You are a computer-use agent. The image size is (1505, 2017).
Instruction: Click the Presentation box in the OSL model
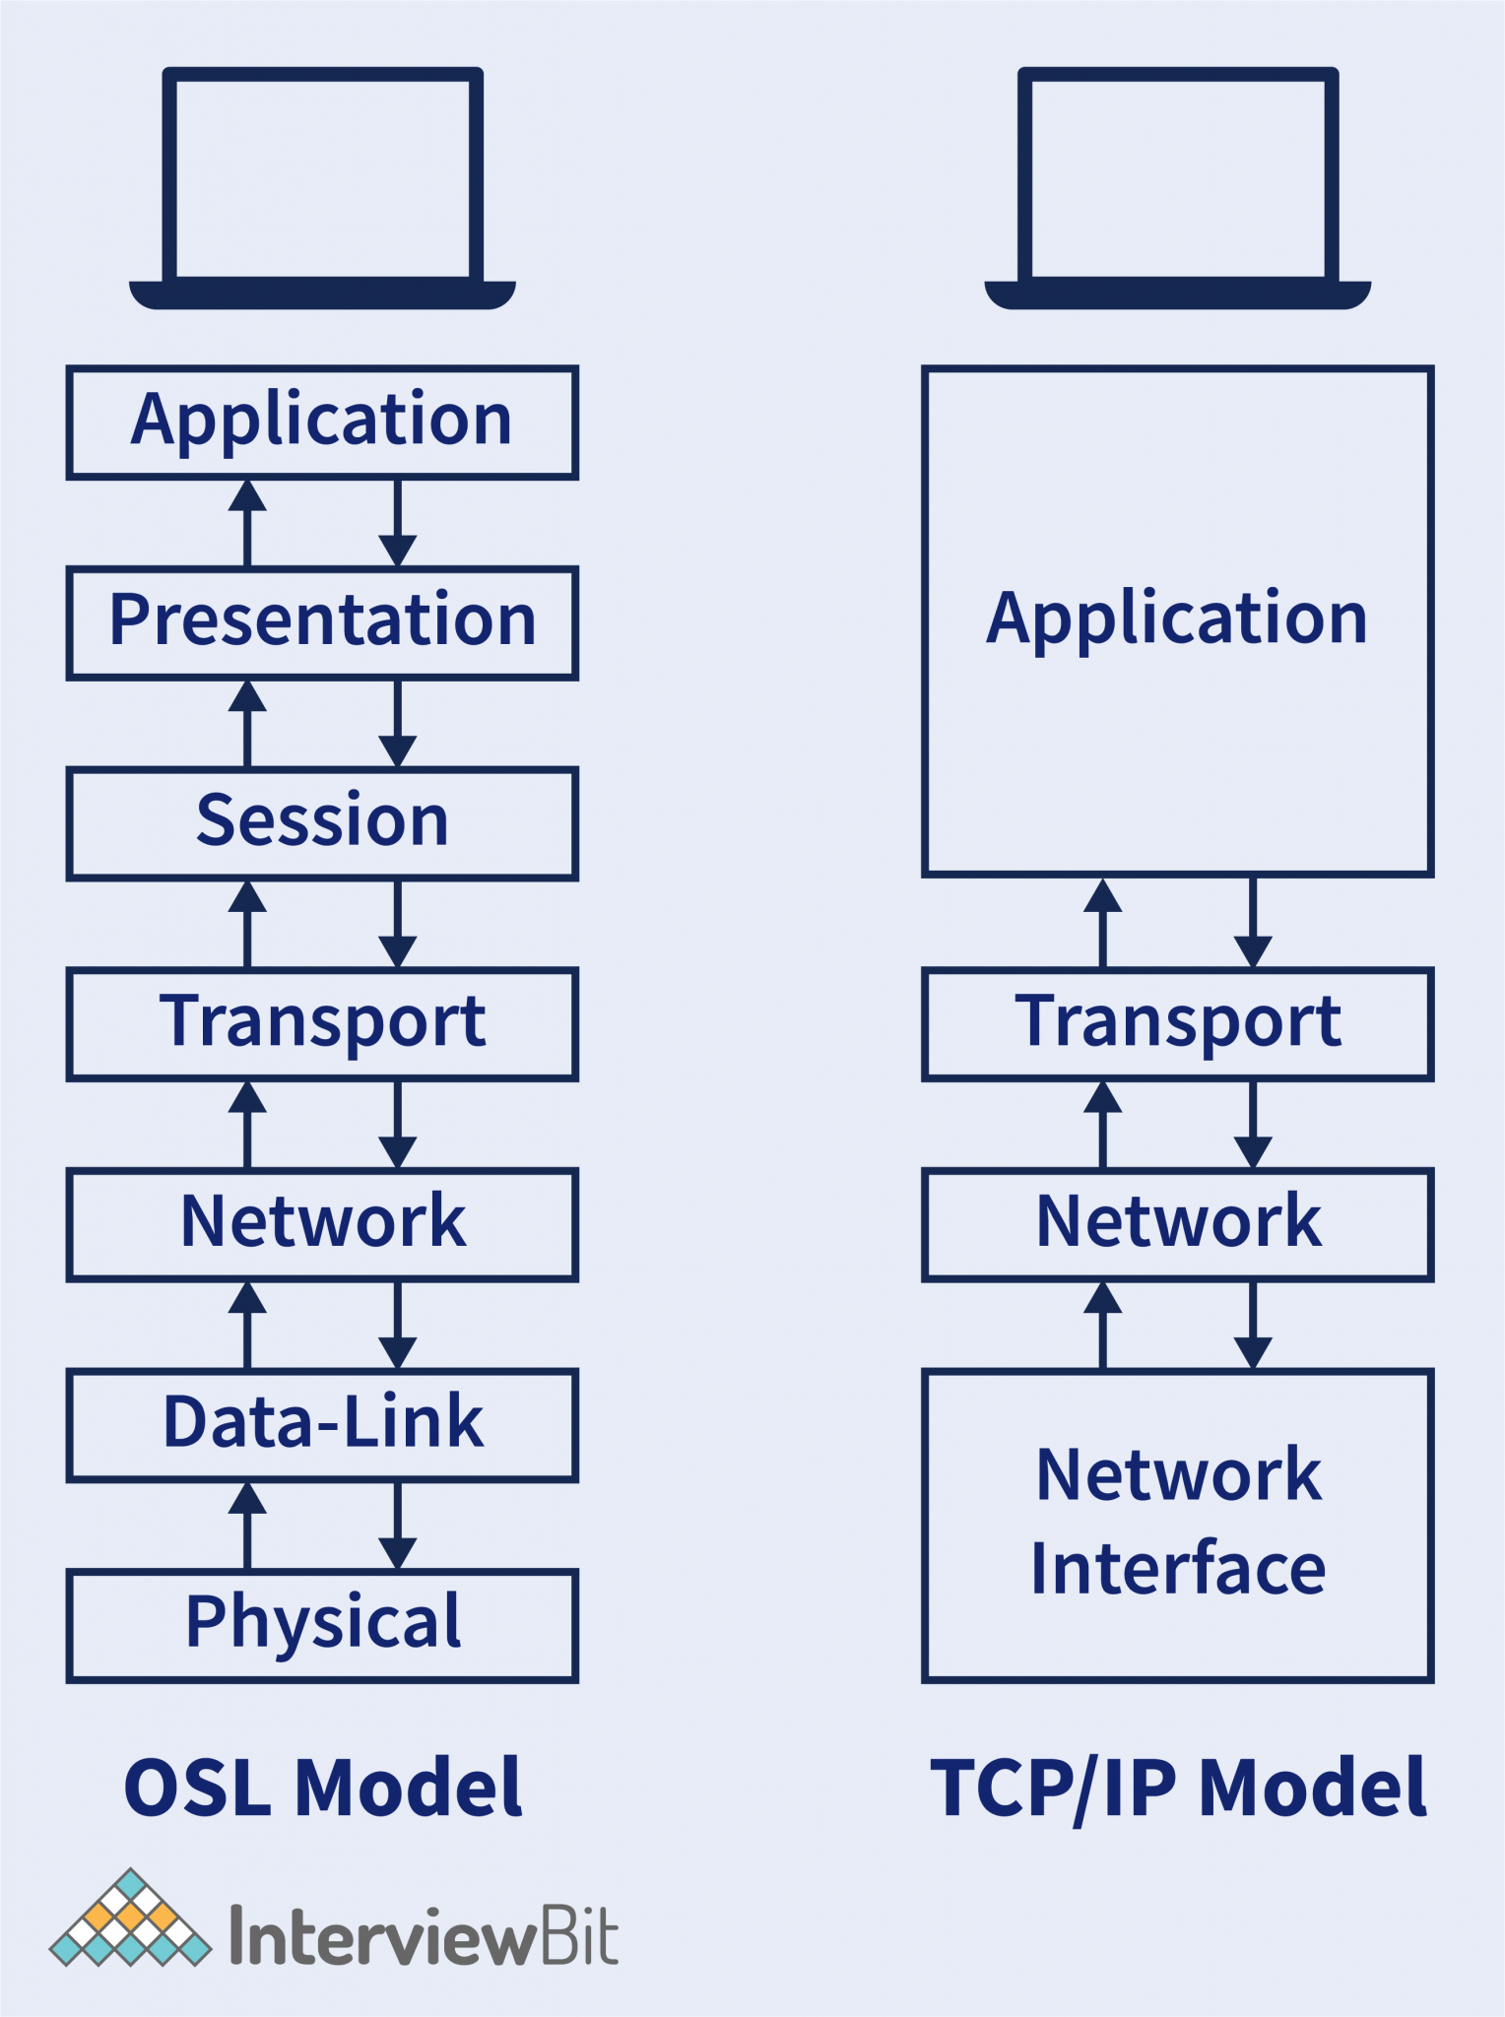pyautogui.click(x=322, y=622)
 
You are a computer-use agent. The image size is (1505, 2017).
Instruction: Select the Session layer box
pyautogui.click(x=322, y=823)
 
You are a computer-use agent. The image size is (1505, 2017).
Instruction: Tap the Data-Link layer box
pyautogui.click(x=322, y=1424)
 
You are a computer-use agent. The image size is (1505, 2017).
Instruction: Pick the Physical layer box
pyautogui.click(x=322, y=1625)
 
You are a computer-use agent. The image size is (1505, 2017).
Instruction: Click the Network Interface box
pyautogui.click(x=1177, y=1525)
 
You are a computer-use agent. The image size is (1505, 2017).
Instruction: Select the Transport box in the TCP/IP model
pyautogui.click(x=1177, y=1024)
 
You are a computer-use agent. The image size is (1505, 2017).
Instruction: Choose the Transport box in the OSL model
pyautogui.click(x=322, y=1024)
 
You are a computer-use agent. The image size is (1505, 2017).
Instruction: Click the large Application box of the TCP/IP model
pyautogui.click(x=1177, y=620)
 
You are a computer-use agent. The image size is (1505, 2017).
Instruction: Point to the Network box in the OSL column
pyautogui.click(x=322, y=1224)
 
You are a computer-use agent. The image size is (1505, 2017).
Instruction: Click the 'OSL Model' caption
pyautogui.click(x=322, y=1788)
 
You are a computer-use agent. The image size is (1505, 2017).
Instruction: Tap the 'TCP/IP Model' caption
pyautogui.click(x=1178, y=1788)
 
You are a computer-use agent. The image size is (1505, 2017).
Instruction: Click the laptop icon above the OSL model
pyautogui.click(x=322, y=187)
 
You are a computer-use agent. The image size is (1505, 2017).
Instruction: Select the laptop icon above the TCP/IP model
pyautogui.click(x=1177, y=187)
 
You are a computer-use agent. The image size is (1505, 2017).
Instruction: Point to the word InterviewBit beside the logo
pyautogui.click(x=424, y=1936)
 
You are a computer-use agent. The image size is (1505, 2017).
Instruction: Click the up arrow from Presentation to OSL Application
pyautogui.click(x=247, y=522)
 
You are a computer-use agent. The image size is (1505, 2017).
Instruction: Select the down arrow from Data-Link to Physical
pyautogui.click(x=397, y=1525)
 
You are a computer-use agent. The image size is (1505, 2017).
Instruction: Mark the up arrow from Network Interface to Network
pyautogui.click(x=1102, y=1325)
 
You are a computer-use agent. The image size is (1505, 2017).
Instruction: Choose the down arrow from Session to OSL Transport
pyautogui.click(x=397, y=923)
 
